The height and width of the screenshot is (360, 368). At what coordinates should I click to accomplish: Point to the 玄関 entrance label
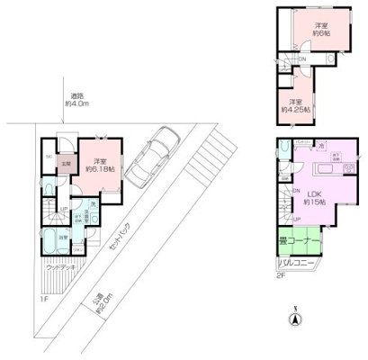pos(66,164)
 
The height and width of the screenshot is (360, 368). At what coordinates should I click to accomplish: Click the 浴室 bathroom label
pos(63,237)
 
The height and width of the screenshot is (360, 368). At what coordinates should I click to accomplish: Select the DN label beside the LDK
pos(295,192)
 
